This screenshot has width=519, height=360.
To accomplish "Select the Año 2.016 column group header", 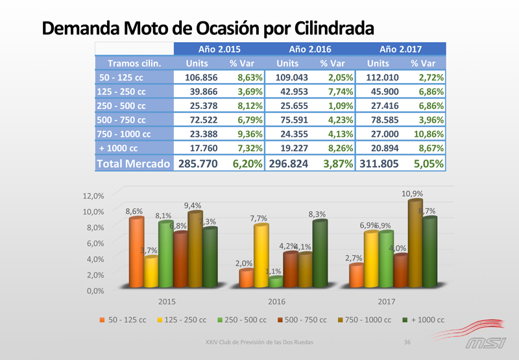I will [x=309, y=49].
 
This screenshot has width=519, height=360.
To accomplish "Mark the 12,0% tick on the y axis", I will [x=94, y=196].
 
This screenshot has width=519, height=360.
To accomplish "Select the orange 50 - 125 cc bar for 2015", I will [x=136, y=253].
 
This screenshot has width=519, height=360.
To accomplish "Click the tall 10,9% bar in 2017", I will [x=415, y=243].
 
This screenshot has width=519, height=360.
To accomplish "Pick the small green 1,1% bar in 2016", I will [x=276, y=282].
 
